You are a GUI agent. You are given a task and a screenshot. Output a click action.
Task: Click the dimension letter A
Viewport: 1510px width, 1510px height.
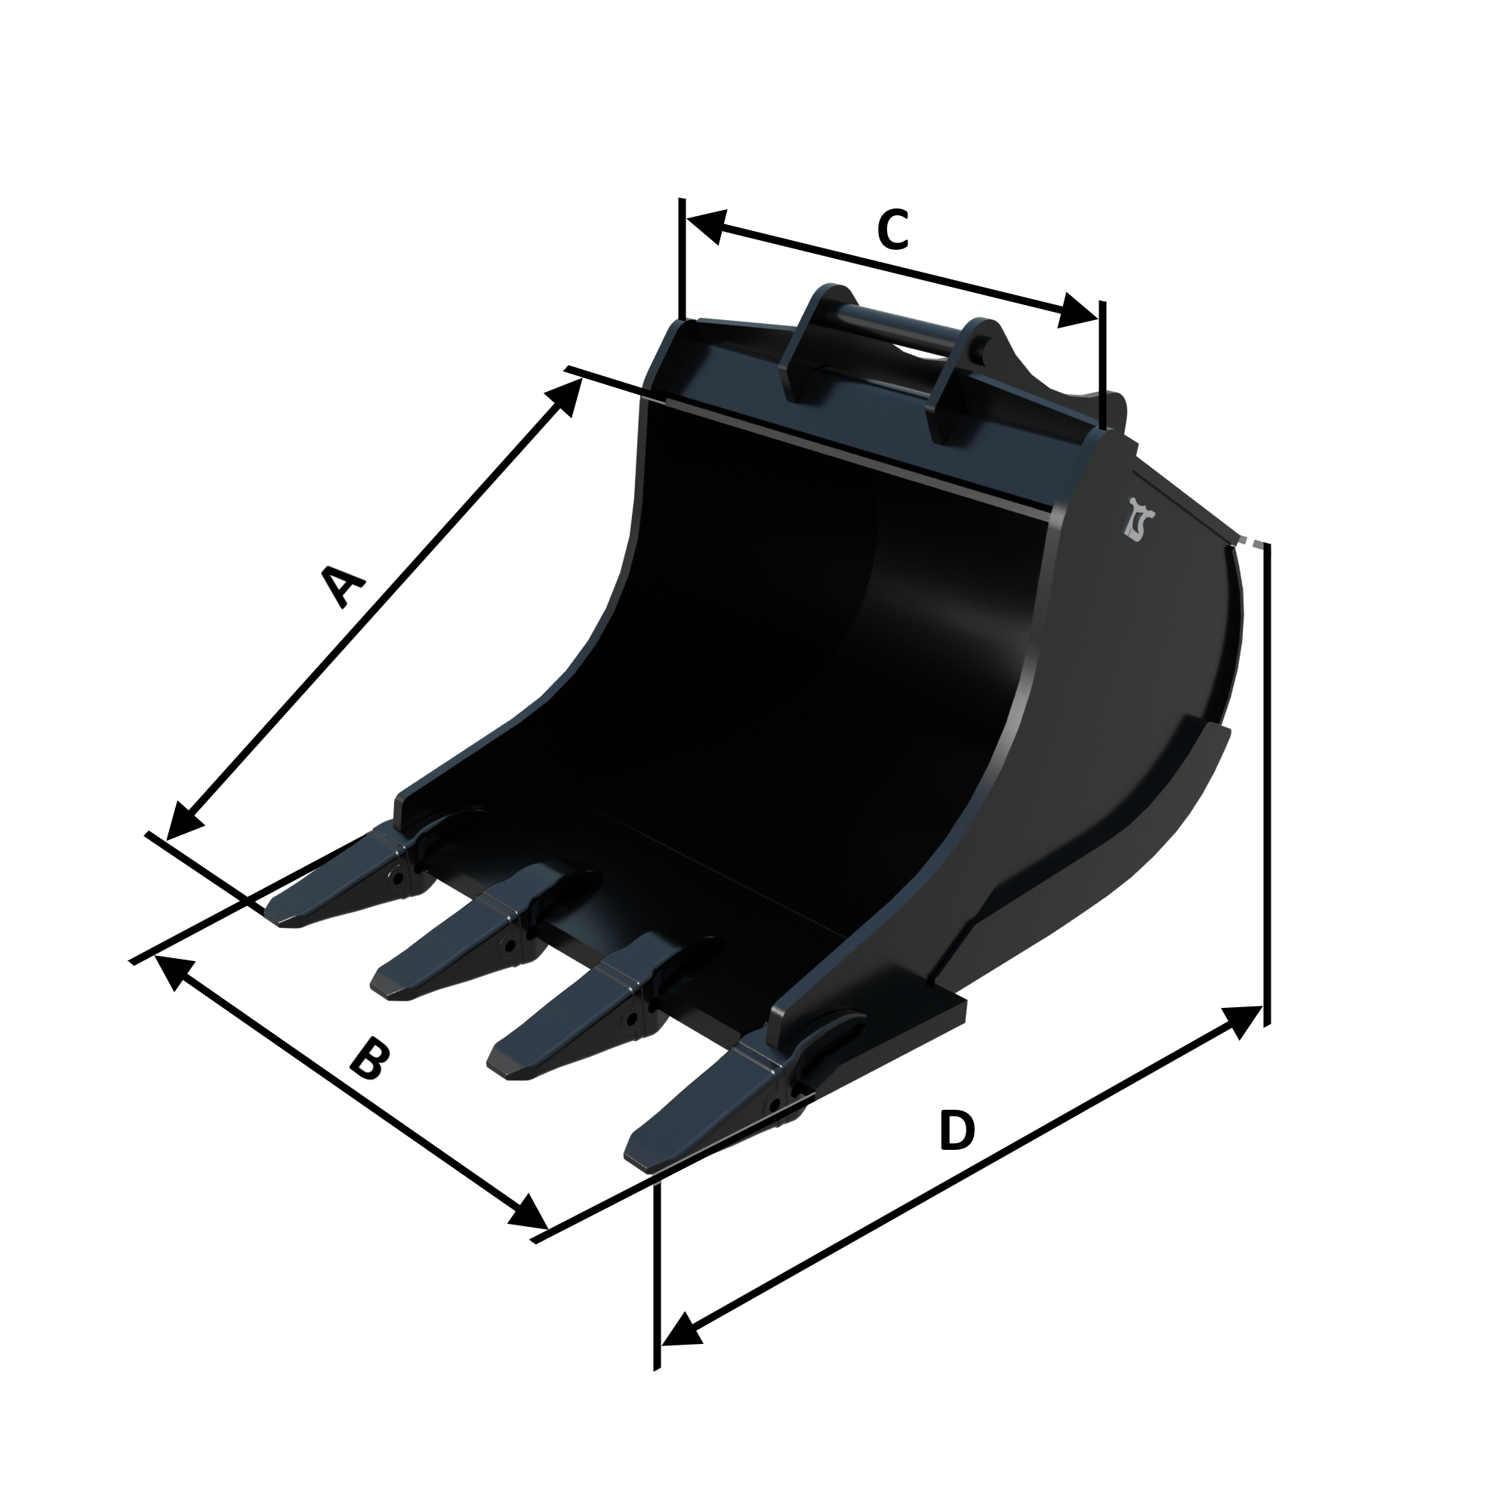point(343,587)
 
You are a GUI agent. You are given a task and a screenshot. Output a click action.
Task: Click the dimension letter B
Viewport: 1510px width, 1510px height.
point(368,1059)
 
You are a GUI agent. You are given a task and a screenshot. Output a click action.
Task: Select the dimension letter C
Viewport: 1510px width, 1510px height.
point(892,230)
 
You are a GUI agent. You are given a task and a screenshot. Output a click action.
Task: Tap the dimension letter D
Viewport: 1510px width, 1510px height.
point(957,1130)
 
